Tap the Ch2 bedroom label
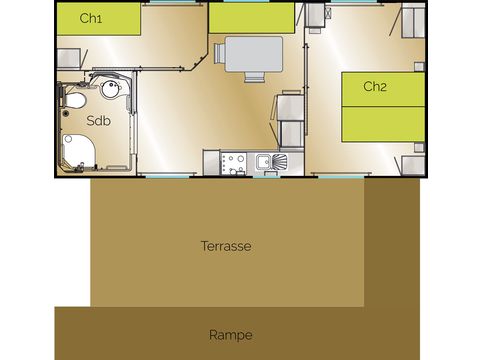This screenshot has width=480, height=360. [375, 87]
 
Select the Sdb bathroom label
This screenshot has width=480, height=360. [98, 121]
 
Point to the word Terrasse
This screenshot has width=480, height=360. [225, 245]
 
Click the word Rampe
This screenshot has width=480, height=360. [231, 335]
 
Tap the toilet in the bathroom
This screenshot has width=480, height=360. [74, 101]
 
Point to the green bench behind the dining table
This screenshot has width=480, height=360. [253, 19]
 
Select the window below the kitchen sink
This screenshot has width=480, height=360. [266, 177]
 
